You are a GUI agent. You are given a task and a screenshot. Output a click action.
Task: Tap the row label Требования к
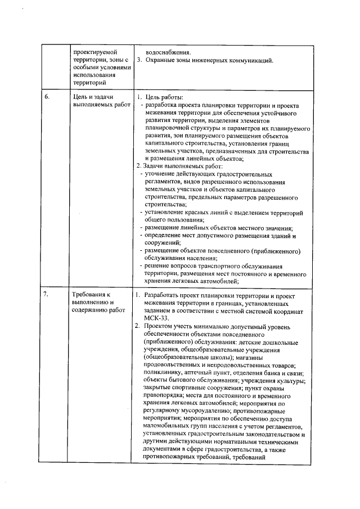pyautogui.click(x=93, y=294)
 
